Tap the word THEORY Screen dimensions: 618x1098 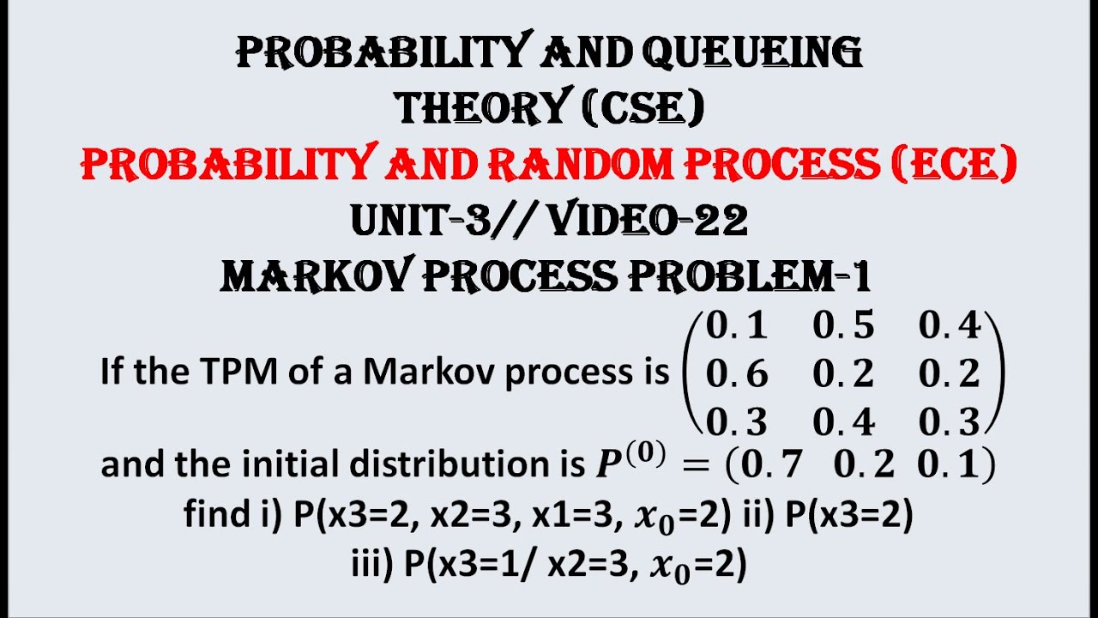pyautogui.click(x=480, y=108)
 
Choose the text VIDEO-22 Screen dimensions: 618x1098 pyautogui.click(x=647, y=221)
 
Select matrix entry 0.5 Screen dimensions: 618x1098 pyautogui.click(x=843, y=326)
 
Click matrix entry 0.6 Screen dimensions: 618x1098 pyautogui.click(x=737, y=374)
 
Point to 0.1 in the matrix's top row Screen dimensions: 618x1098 pyautogui.click(x=737, y=326)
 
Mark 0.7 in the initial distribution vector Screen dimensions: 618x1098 pyautogui.click(x=771, y=465)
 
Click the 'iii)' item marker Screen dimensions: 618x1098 pyautogui.click(x=372, y=565)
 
